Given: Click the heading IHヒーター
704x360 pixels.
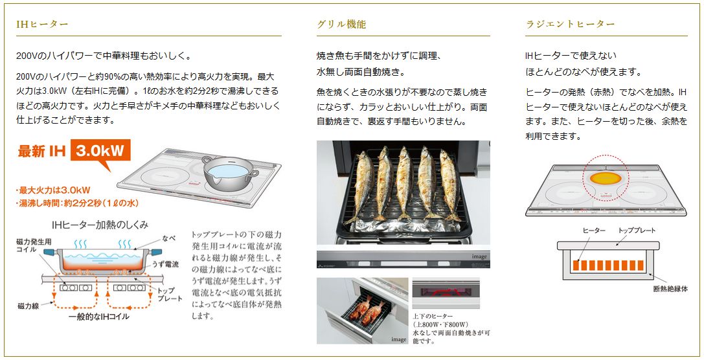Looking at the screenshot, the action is tap(42, 24).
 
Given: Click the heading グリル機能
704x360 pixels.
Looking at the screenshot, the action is tap(342, 24).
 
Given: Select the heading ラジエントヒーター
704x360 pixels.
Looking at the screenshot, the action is tap(570, 24).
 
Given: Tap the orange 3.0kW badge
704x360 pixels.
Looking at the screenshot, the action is tap(100, 151).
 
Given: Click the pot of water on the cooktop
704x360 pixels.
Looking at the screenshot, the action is tap(230, 172).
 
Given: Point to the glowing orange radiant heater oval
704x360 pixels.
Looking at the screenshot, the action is tap(606, 179).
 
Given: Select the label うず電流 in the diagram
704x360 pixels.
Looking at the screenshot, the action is tap(165, 264).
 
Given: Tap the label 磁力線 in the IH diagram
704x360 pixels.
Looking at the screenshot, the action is tap(28, 306).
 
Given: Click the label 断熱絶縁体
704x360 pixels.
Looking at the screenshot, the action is tap(670, 289).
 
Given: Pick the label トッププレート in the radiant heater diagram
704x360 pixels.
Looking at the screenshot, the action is tap(637, 231).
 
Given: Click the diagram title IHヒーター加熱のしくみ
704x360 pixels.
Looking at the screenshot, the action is tap(100, 225).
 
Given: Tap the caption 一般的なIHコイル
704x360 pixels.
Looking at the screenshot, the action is tap(99, 317).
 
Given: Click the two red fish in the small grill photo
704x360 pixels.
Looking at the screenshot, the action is tap(367, 308).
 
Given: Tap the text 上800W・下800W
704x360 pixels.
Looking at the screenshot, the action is tap(440, 324).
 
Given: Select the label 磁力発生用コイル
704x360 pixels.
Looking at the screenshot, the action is tap(34, 245).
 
